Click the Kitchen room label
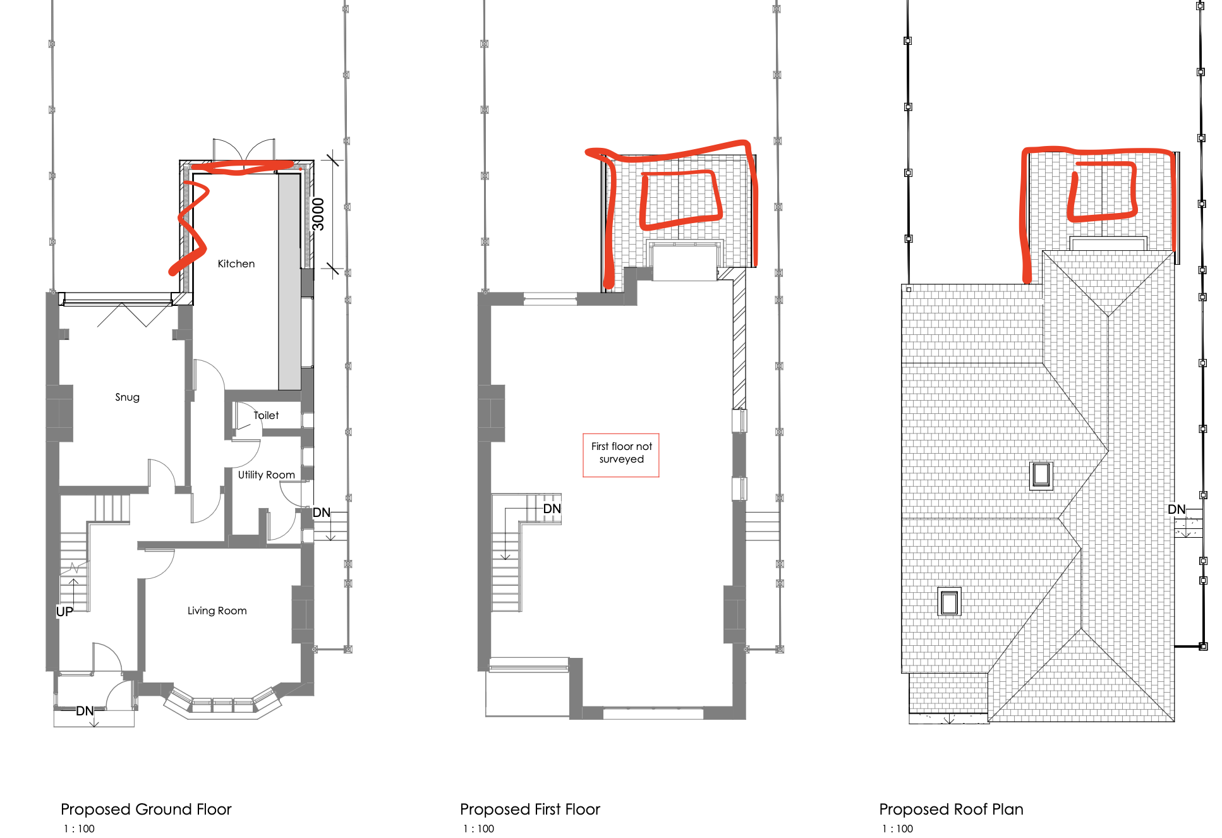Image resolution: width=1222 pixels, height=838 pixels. pos(236,264)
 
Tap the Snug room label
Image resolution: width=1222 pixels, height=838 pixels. pos(127,398)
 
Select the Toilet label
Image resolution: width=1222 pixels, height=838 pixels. pos(266,415)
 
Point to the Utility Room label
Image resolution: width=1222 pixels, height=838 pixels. pos(266,475)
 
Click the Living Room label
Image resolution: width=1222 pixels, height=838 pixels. pos(217,610)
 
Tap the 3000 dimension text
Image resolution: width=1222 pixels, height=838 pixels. pos(318,214)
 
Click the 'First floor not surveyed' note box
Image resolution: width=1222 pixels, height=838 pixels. pos(621,455)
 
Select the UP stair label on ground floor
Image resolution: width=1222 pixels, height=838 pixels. pos(64,611)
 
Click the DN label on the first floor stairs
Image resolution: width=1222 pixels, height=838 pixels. pos(552,509)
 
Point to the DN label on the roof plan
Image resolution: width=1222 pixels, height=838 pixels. pos(1177,509)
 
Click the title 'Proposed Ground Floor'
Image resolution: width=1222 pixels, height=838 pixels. pos(146,809)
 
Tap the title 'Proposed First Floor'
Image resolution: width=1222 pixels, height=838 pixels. pos(530,809)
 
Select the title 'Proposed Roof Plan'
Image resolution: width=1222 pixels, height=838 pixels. pos(951,809)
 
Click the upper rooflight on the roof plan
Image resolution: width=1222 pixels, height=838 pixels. pos(1041,475)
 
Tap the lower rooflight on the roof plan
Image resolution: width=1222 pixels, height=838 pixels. pos(949,602)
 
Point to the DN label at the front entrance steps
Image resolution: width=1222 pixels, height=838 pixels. pos(85,711)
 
